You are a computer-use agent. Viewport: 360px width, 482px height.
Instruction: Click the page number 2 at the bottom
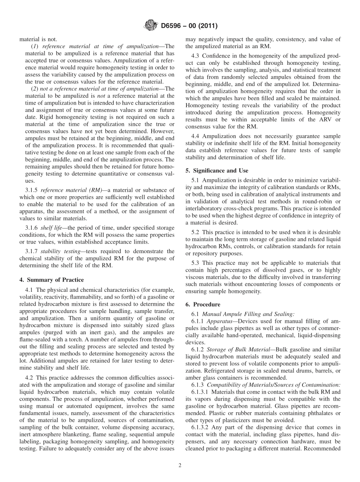coord(180,465)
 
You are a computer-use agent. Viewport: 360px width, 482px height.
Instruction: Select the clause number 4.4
coord(195,136)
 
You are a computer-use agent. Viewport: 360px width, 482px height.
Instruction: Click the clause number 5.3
coord(195,263)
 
